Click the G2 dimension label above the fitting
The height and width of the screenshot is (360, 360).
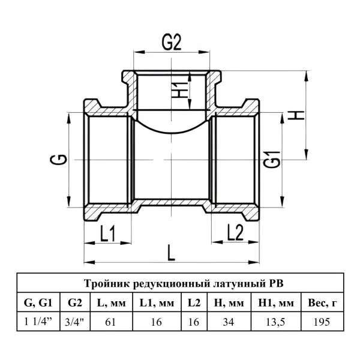[172, 43]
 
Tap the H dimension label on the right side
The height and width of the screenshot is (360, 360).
[296, 115]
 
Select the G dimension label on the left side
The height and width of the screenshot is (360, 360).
[58, 160]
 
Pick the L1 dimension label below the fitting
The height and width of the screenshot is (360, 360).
[107, 233]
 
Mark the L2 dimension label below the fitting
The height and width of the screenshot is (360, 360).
[235, 232]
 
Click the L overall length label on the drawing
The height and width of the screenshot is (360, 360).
[171, 253]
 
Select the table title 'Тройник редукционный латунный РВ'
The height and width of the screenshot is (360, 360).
[184, 284]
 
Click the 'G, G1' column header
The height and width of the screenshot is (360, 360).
[38, 303]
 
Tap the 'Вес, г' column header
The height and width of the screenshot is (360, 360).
[322, 303]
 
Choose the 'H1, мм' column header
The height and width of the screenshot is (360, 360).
[276, 303]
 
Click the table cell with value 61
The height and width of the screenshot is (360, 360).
[110, 322]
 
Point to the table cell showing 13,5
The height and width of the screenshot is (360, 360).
[275, 322]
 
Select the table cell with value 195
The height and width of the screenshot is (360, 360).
[322, 322]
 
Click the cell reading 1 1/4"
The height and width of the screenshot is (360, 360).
[38, 322]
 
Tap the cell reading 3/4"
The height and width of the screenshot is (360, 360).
[74, 322]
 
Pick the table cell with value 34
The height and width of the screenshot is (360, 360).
[229, 322]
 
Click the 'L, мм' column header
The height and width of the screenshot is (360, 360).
[112, 303]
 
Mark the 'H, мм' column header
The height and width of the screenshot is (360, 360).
[229, 303]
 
